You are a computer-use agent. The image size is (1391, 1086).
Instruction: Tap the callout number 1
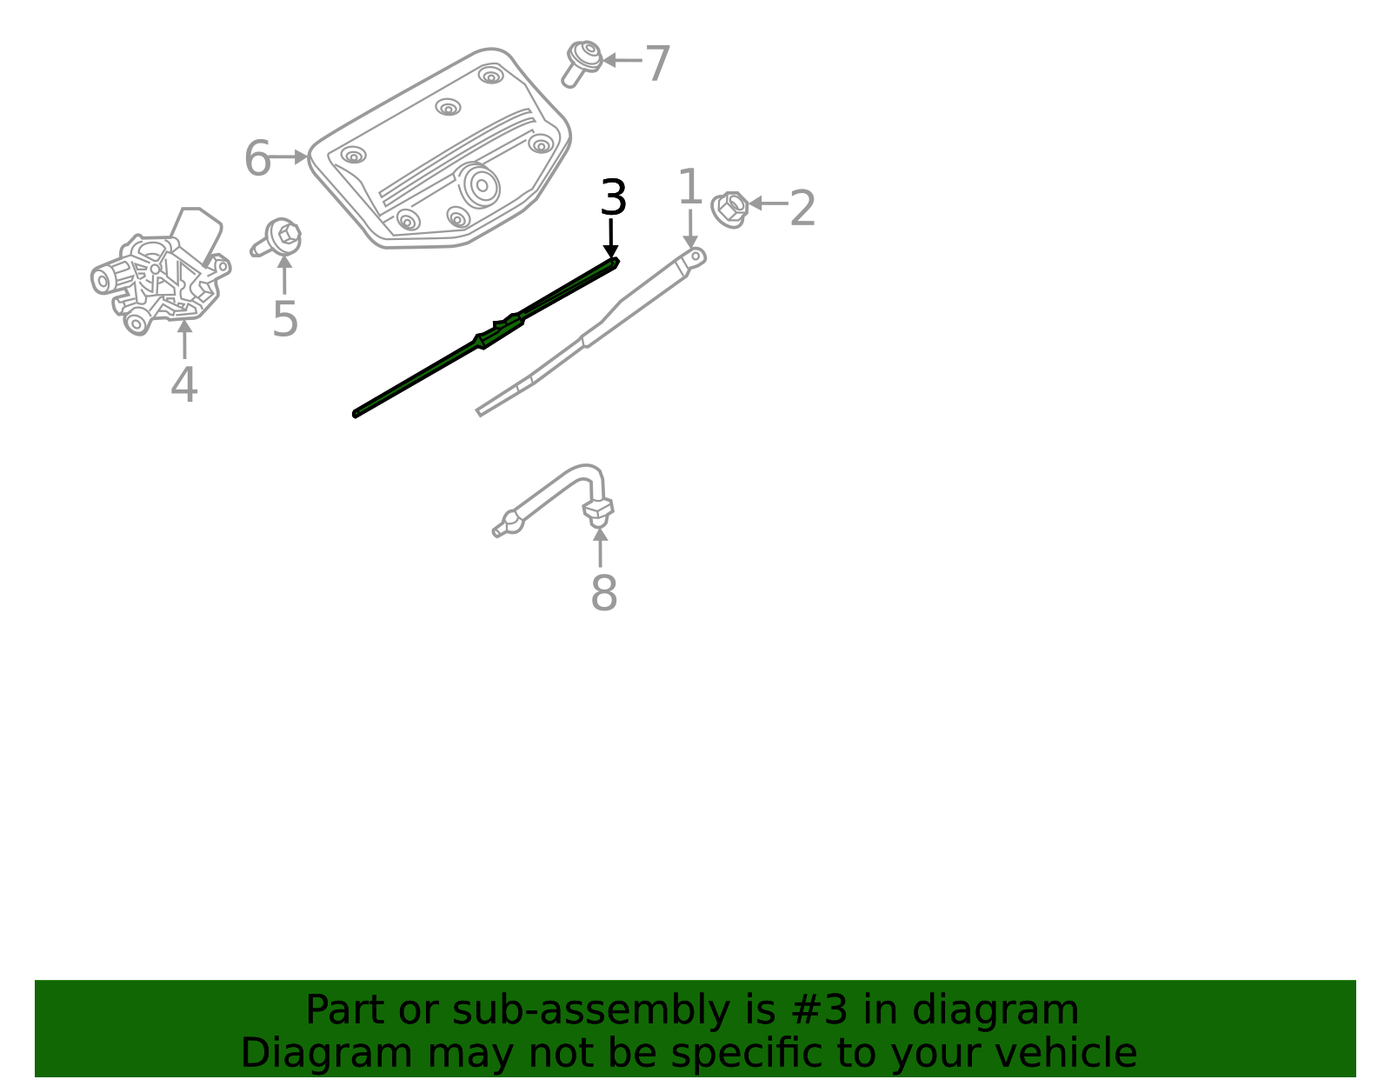tap(689, 188)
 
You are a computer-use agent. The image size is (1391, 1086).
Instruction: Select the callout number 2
tap(802, 210)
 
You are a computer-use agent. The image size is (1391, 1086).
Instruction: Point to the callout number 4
tap(183, 385)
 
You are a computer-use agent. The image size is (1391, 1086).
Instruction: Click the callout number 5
tap(285, 319)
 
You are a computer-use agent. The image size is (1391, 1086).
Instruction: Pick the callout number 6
tap(257, 159)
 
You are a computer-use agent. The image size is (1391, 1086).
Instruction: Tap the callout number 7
tap(657, 64)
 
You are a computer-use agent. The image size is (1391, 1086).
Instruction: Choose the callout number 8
tap(603, 594)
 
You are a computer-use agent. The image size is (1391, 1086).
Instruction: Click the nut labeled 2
tap(729, 209)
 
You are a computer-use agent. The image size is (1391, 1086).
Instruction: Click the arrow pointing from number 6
tap(290, 157)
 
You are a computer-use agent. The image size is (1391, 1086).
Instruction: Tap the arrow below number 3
tap(611, 238)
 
